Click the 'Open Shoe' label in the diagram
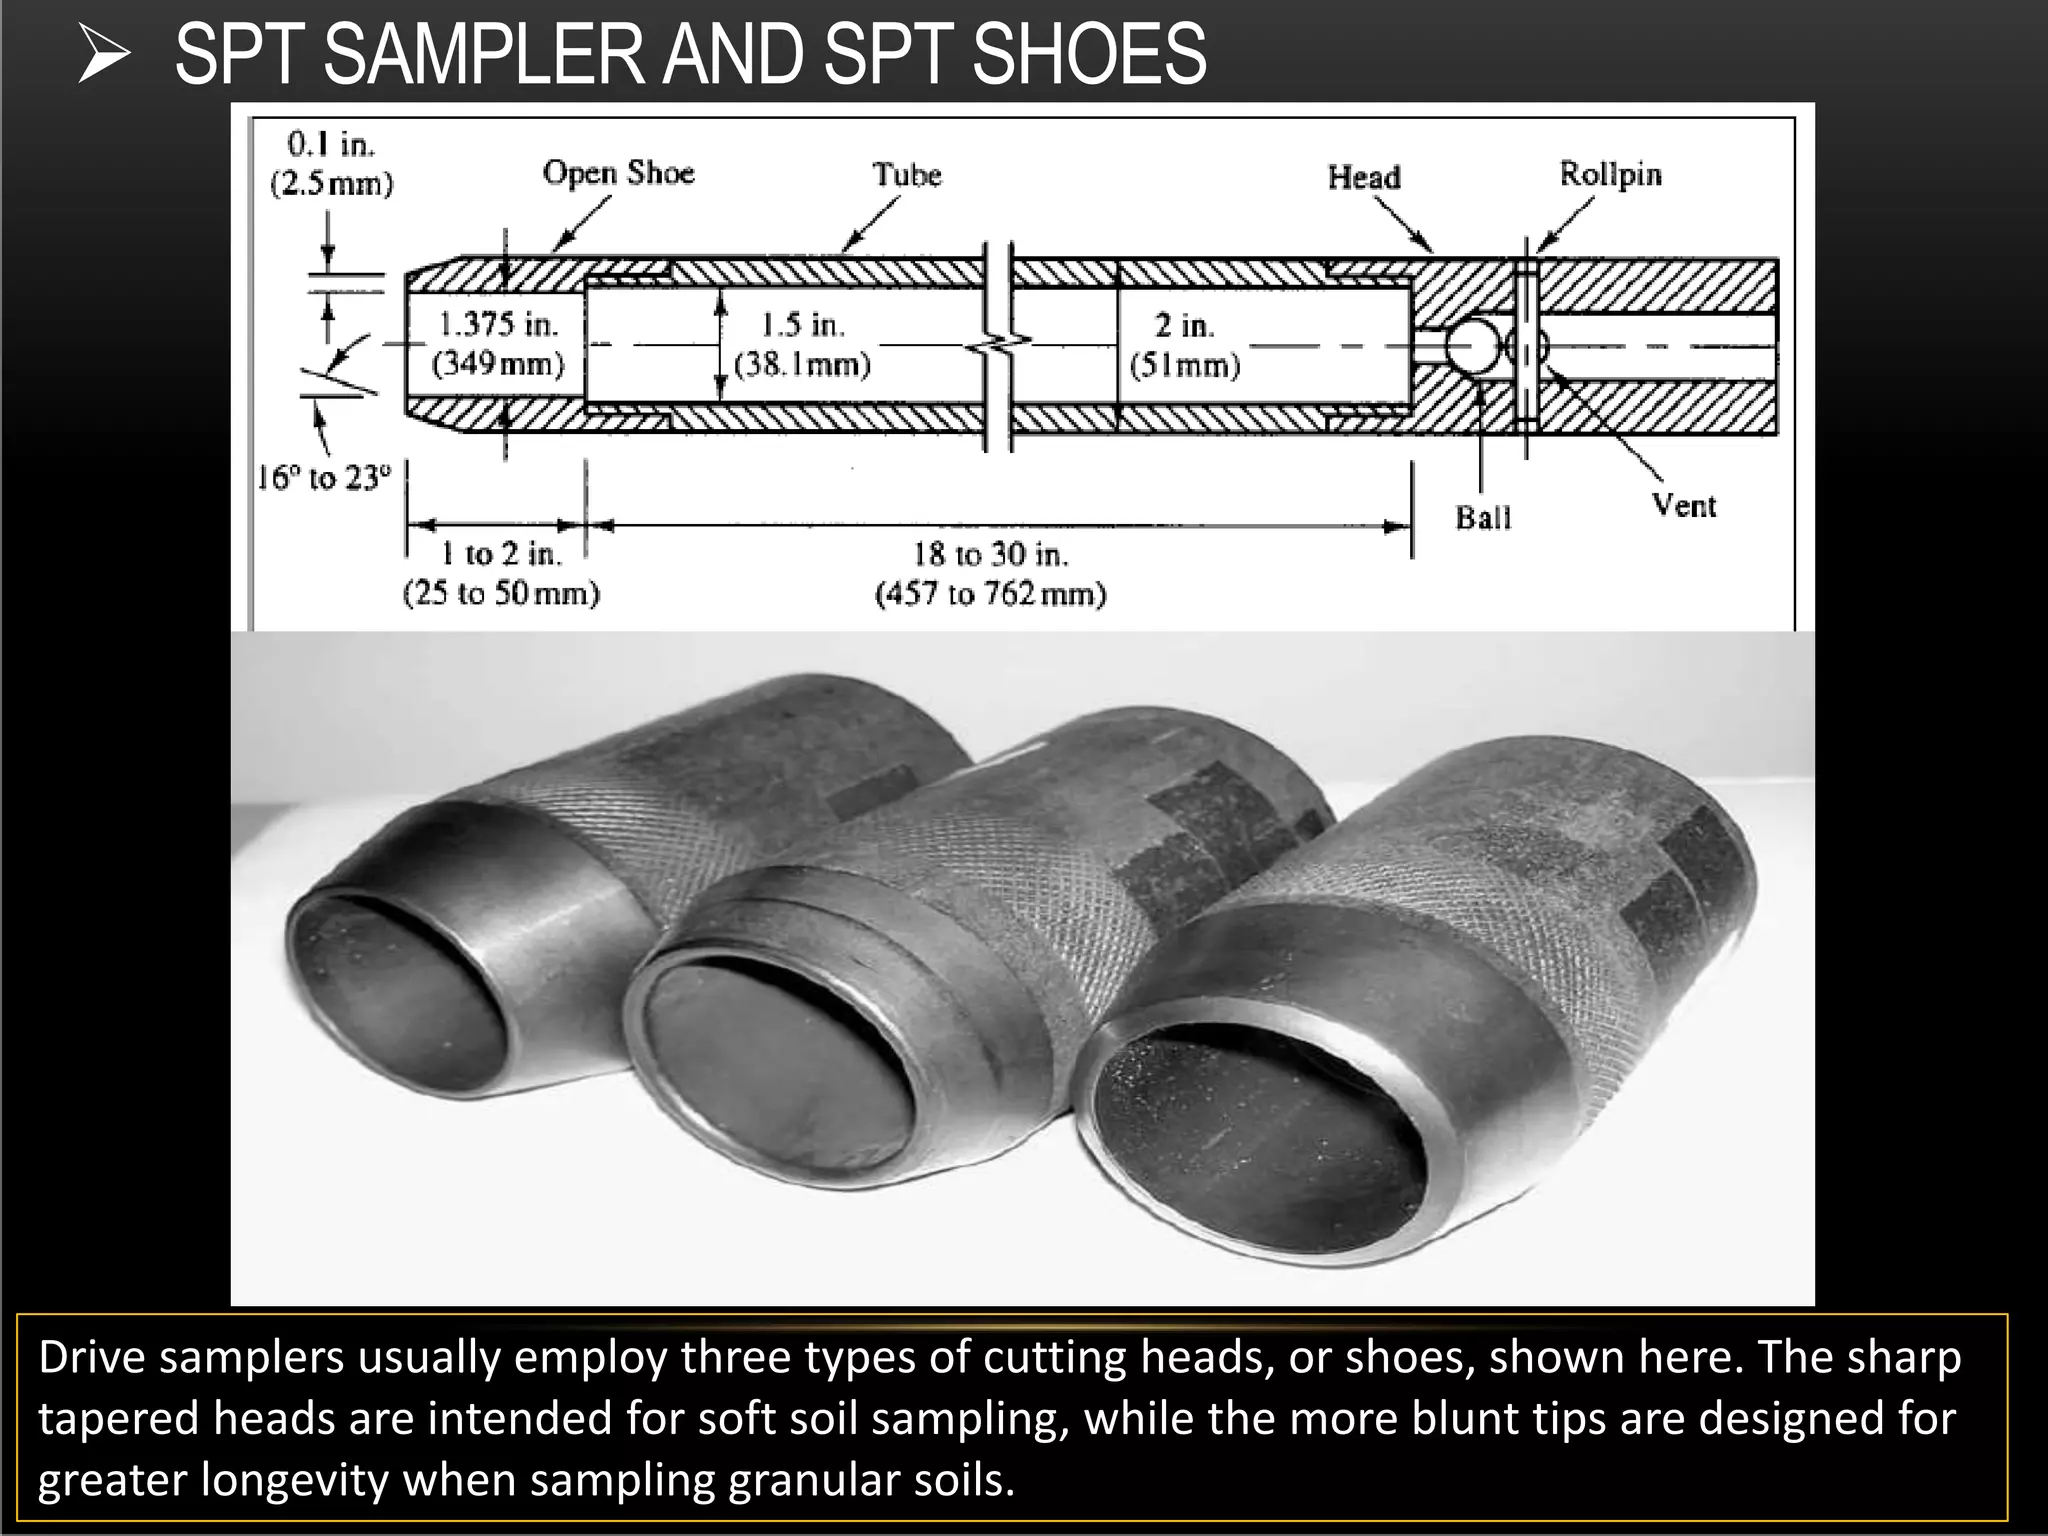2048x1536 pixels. click(618, 173)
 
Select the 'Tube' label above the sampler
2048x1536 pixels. click(907, 175)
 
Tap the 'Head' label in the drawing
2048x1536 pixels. click(1364, 177)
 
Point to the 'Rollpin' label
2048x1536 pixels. click(1610, 174)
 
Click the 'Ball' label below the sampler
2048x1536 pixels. click(1483, 518)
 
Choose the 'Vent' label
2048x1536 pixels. click(1684, 505)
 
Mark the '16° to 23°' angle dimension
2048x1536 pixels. click(323, 478)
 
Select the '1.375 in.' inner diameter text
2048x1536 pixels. click(498, 324)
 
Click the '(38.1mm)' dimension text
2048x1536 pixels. click(802, 364)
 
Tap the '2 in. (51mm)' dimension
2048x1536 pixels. click(1185, 345)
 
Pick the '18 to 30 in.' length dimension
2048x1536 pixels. click(990, 554)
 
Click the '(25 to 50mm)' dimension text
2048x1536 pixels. click(501, 594)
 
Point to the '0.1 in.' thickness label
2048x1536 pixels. click(331, 145)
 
